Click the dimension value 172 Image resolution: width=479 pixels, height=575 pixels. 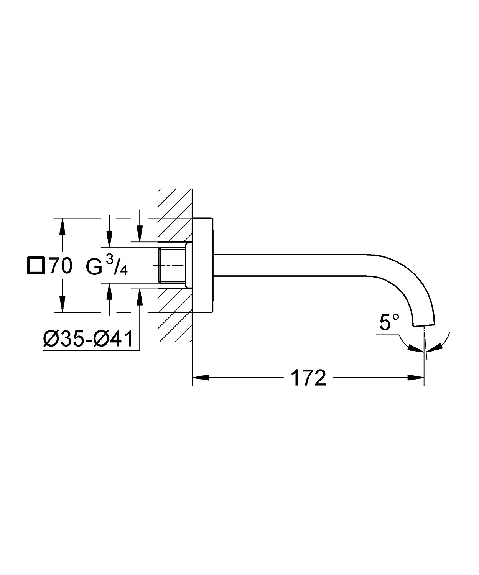pyautogui.click(x=308, y=378)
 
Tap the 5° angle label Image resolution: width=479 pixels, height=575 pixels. pyautogui.click(x=389, y=322)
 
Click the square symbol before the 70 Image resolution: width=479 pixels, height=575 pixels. pyautogui.click(x=35, y=266)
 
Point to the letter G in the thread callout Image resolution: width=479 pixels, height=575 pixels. pyautogui.click(x=94, y=267)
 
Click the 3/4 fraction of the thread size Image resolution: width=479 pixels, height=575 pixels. pyautogui.click(x=117, y=265)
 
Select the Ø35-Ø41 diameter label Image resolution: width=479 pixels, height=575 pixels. pyautogui.click(x=88, y=339)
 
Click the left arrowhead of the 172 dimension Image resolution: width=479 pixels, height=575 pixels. pyautogui.click(x=200, y=378)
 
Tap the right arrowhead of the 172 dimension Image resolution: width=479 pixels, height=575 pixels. pyautogui.click(x=416, y=378)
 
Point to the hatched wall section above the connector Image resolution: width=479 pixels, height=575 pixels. pyautogui.click(x=175, y=222)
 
